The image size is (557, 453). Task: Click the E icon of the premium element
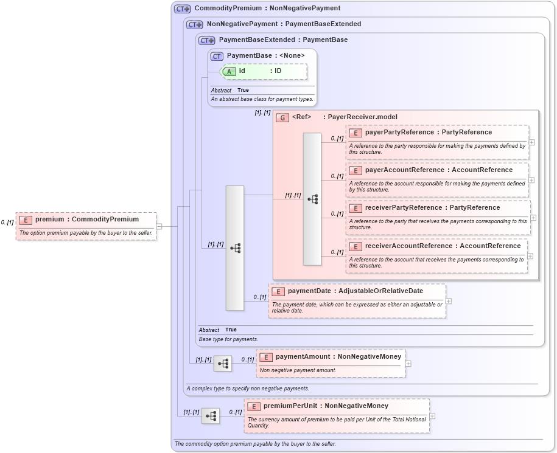tap(26, 220)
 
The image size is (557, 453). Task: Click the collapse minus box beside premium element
tap(159, 226)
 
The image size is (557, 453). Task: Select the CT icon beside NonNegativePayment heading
tap(195, 24)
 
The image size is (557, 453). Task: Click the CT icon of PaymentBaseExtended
tap(207, 40)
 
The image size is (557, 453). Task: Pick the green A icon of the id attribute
tap(229, 71)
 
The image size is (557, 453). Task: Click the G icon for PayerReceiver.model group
tap(282, 117)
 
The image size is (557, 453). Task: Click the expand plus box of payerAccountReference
tap(531, 180)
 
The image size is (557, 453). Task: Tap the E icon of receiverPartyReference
tap(356, 208)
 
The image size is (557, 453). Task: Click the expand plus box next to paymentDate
tap(449, 300)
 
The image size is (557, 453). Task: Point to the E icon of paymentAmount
tap(266, 357)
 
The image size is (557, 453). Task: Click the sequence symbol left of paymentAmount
tap(223, 364)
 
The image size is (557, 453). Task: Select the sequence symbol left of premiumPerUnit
tap(211, 416)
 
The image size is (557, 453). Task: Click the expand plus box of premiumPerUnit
tap(432, 416)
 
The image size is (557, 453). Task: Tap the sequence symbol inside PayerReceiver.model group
tap(312, 199)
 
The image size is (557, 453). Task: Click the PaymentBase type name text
tap(250, 56)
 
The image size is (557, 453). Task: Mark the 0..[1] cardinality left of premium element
tap(7, 223)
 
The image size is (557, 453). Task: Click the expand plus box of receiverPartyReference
tap(533, 218)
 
